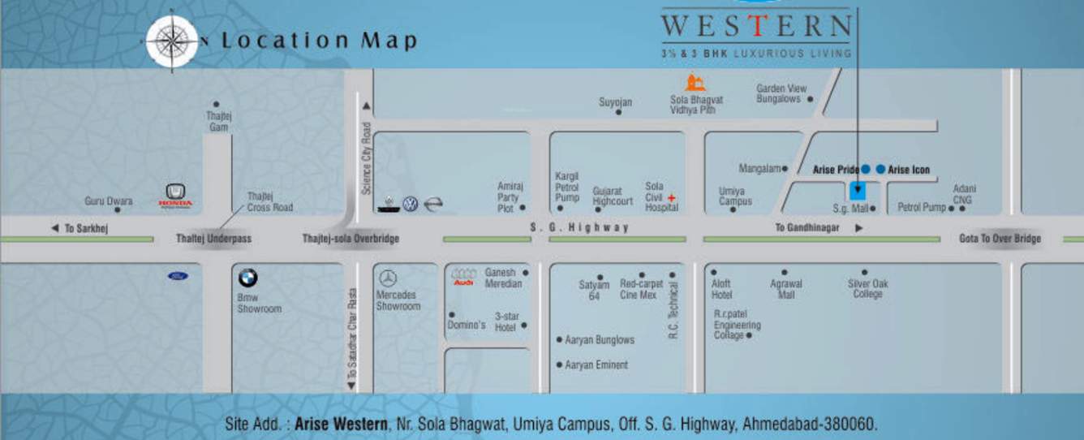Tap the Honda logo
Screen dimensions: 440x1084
click(175, 194)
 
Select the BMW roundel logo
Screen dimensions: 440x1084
click(247, 278)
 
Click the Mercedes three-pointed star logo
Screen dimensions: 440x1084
click(388, 278)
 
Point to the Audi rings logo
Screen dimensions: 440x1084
click(463, 276)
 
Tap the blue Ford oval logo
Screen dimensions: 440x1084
click(178, 276)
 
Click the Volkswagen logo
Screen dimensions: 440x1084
click(411, 205)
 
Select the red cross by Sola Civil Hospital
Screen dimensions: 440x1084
click(672, 198)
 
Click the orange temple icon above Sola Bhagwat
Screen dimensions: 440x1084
click(695, 83)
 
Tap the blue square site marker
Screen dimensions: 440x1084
click(857, 192)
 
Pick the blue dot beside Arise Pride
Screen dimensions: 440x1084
click(866, 169)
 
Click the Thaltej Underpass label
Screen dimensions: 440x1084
click(214, 239)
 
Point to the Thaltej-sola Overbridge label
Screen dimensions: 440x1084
click(351, 239)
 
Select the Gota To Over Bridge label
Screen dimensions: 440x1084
click(1000, 239)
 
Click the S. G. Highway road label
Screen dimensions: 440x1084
click(579, 228)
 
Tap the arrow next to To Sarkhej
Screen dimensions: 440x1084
click(55, 229)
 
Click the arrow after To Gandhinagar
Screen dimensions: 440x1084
click(859, 229)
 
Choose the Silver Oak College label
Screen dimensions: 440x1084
click(867, 288)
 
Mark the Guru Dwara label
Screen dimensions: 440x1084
click(108, 201)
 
